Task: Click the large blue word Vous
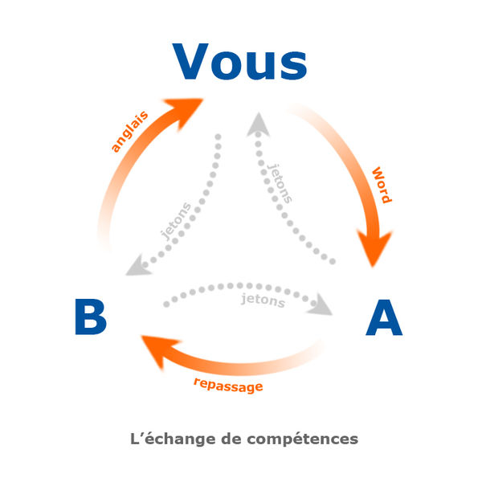pyautogui.click(x=239, y=62)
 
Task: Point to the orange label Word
pyautogui.click(x=381, y=185)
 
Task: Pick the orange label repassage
pyautogui.click(x=228, y=385)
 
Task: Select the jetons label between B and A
pyautogui.click(x=263, y=301)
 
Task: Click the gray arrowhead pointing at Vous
pyautogui.click(x=258, y=124)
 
